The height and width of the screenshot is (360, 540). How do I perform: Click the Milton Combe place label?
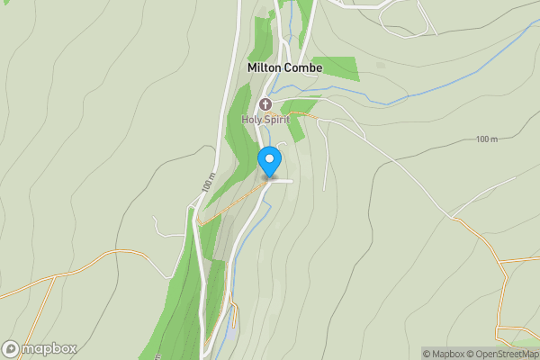pos(284,67)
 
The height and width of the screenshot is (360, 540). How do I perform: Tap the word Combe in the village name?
pos(303,67)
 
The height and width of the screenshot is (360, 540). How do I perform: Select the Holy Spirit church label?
pos(265,119)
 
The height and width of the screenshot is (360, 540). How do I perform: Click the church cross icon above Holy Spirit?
pos(265,104)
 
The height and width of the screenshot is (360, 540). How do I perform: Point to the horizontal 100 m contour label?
pos(487,139)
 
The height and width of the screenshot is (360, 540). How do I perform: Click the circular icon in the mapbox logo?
pos(12,348)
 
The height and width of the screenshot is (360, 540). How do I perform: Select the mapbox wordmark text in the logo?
pos(49,348)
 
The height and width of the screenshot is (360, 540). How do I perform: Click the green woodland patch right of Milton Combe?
pos(335,67)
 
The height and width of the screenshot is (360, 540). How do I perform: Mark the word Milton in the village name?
pos(265,67)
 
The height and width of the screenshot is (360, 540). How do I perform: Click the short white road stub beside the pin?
pos(283,181)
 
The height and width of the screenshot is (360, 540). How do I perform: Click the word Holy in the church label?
pos(250,119)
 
